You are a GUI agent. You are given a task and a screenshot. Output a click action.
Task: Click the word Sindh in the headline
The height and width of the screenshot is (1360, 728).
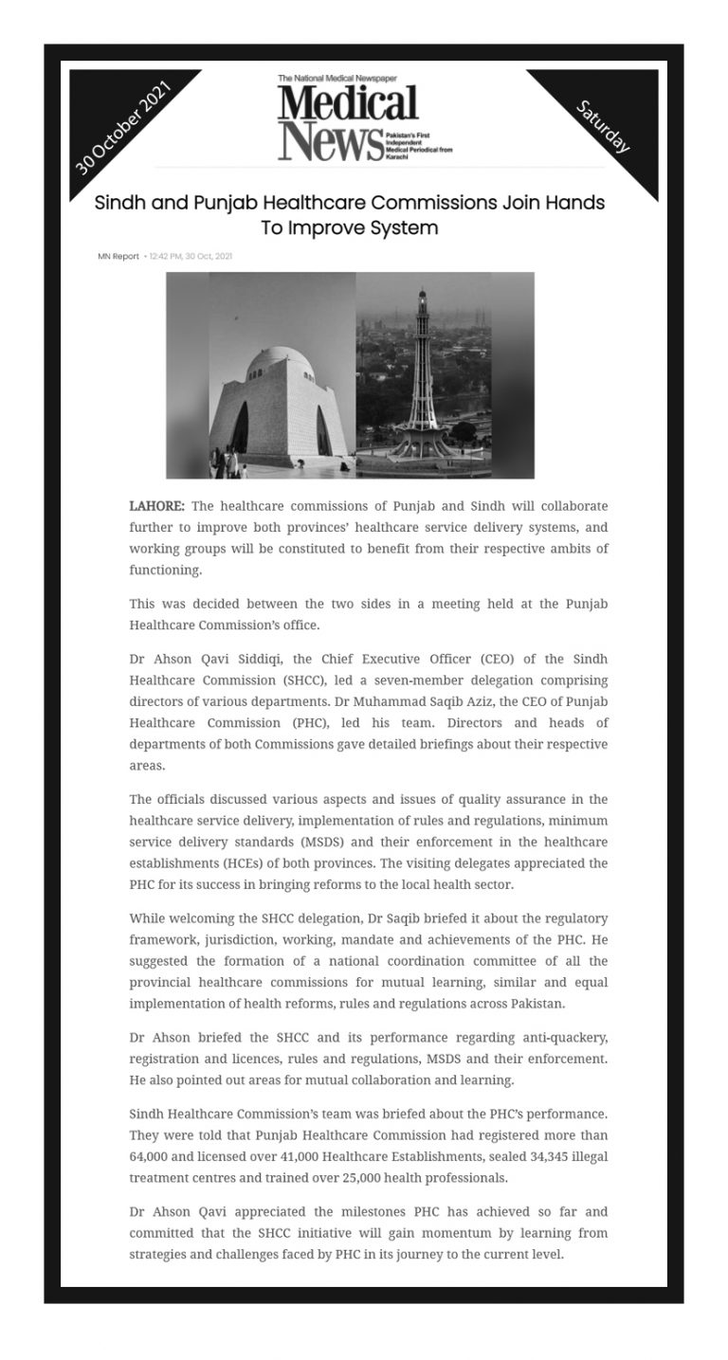(121, 203)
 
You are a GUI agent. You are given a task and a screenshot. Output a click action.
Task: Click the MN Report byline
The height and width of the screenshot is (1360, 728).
(118, 256)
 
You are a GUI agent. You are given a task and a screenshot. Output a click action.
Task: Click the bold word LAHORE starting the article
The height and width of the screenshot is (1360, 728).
(157, 506)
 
